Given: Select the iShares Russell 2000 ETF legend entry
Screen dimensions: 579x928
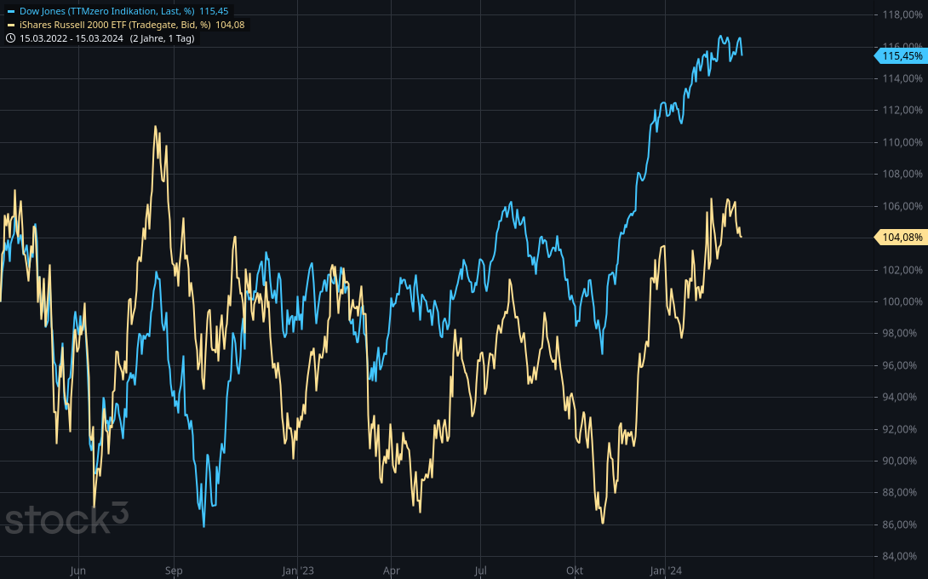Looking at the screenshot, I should [115, 25].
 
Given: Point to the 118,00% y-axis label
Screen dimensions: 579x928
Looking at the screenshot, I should [902, 15].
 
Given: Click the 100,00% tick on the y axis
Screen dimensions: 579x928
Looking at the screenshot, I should [902, 301].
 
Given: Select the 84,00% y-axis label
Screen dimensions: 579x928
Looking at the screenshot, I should [902, 557].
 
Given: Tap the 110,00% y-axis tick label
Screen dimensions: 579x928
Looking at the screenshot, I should [902, 142].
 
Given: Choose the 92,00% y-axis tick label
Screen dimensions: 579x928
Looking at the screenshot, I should [902, 429].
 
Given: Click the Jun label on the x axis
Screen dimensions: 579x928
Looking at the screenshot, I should [78, 570].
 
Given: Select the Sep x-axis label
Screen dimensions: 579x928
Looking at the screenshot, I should [174, 570].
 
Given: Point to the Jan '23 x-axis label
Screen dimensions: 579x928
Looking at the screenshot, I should [298, 570].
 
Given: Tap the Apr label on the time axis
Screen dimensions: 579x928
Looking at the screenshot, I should [392, 570].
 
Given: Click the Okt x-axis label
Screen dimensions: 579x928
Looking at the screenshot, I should [575, 570].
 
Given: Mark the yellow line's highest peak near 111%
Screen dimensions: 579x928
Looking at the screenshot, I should [155, 127].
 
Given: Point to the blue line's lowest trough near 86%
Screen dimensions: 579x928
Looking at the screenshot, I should [203, 525].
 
